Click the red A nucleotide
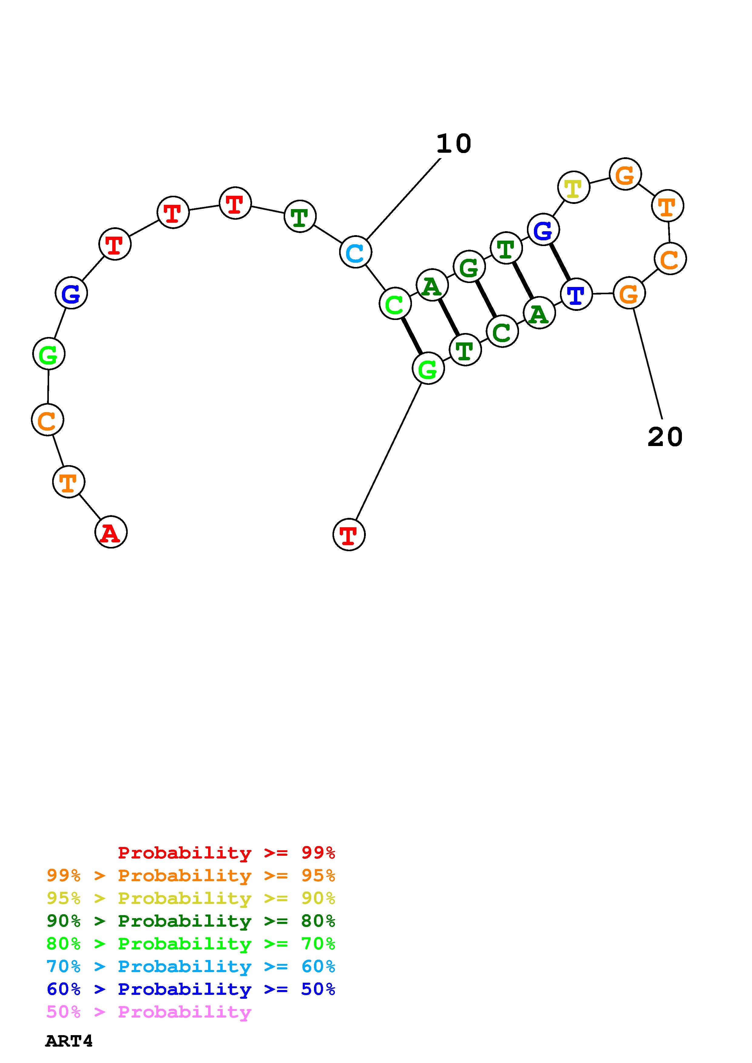click(x=111, y=532)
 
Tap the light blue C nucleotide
click(x=356, y=252)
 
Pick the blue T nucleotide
click(x=576, y=294)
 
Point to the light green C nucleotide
click(x=395, y=304)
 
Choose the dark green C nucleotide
click(x=502, y=332)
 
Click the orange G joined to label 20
click(x=629, y=293)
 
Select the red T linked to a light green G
click(x=349, y=535)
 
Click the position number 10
click(x=454, y=144)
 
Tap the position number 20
click(x=665, y=437)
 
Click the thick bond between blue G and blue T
click(x=560, y=262)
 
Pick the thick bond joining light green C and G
click(x=411, y=336)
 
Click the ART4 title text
click(x=69, y=1041)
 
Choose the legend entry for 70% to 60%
click(x=191, y=967)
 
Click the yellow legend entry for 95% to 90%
click(x=191, y=898)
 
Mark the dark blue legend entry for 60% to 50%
click(x=191, y=989)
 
